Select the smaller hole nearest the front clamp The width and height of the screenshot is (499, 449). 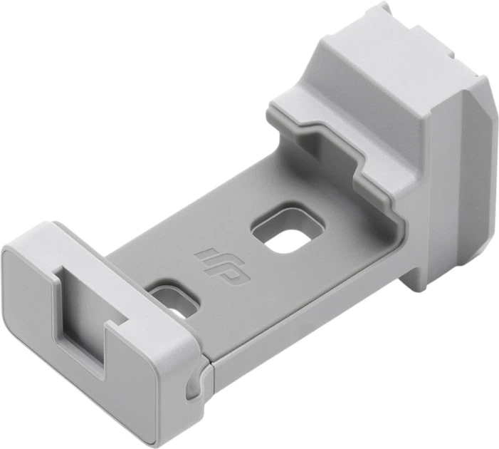tap(173, 297)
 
